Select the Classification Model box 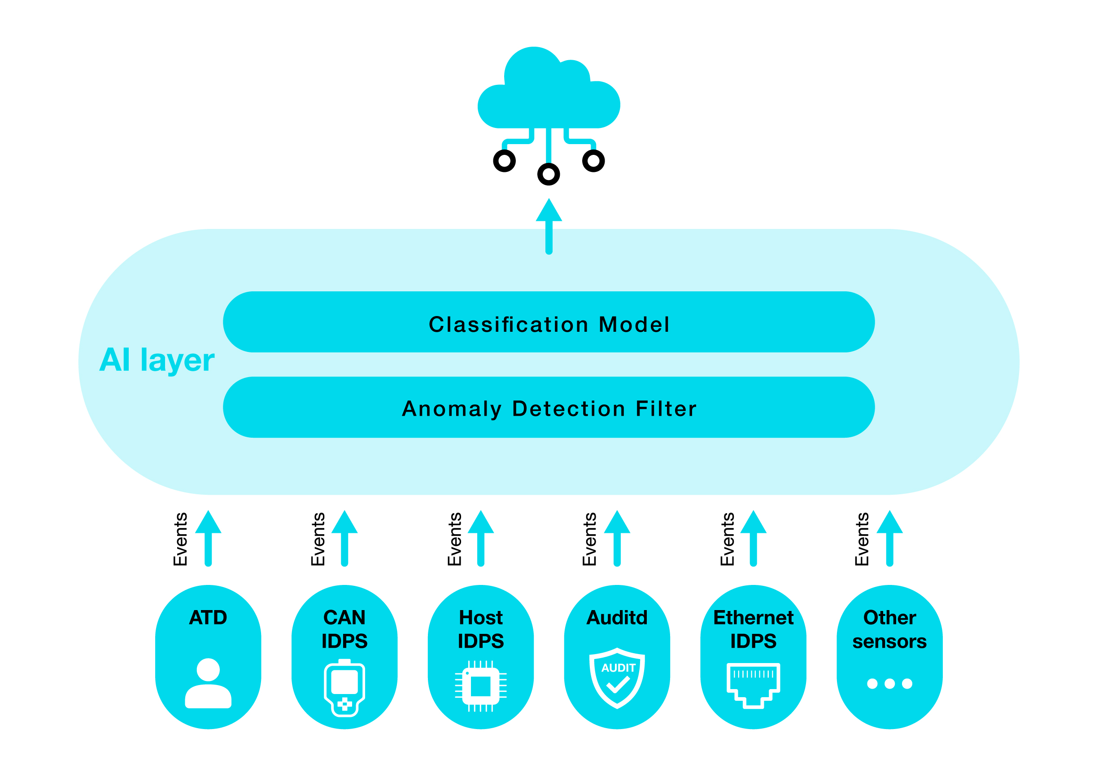click(549, 321)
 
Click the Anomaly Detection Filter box click(549, 407)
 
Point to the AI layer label click(157, 360)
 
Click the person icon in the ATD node click(208, 683)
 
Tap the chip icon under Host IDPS click(481, 686)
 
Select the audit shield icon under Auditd click(617, 677)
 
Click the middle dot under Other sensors click(889, 683)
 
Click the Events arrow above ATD click(208, 538)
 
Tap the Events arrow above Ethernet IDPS click(753, 538)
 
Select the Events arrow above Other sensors click(889, 538)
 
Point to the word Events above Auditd click(590, 539)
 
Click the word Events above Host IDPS click(454, 539)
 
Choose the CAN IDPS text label click(344, 629)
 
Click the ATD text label click(208, 617)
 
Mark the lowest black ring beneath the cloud click(549, 174)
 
